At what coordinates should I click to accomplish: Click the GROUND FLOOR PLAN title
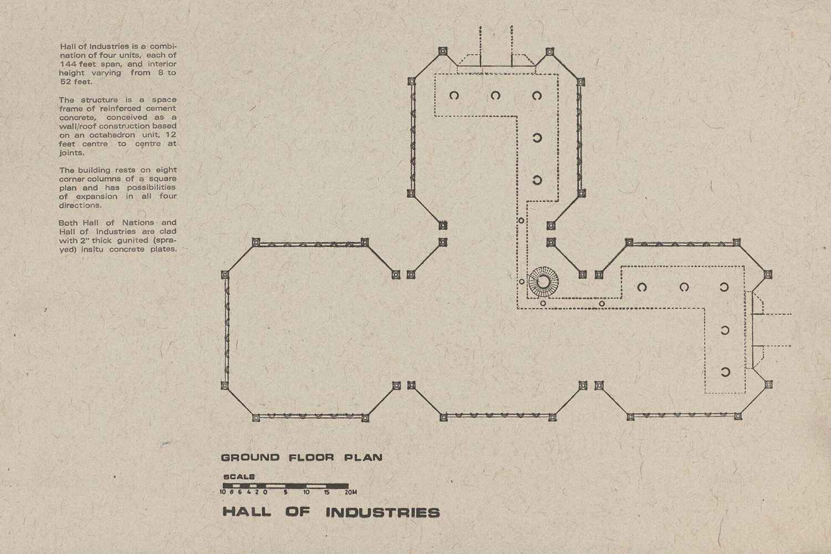coord(301,458)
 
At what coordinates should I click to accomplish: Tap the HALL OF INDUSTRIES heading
coord(331,512)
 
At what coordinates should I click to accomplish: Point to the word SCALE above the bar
coord(239,476)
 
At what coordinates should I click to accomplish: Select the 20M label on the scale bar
coord(350,492)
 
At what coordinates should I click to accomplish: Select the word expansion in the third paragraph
coord(97,197)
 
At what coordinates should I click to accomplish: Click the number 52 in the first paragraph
coord(66,82)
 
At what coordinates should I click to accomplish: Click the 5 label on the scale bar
coord(285,492)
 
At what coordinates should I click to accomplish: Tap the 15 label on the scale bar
coord(327,492)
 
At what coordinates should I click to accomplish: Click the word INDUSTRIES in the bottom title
coord(382,512)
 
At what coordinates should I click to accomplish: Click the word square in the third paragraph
coord(162,179)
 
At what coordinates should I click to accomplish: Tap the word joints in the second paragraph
coord(71,153)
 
